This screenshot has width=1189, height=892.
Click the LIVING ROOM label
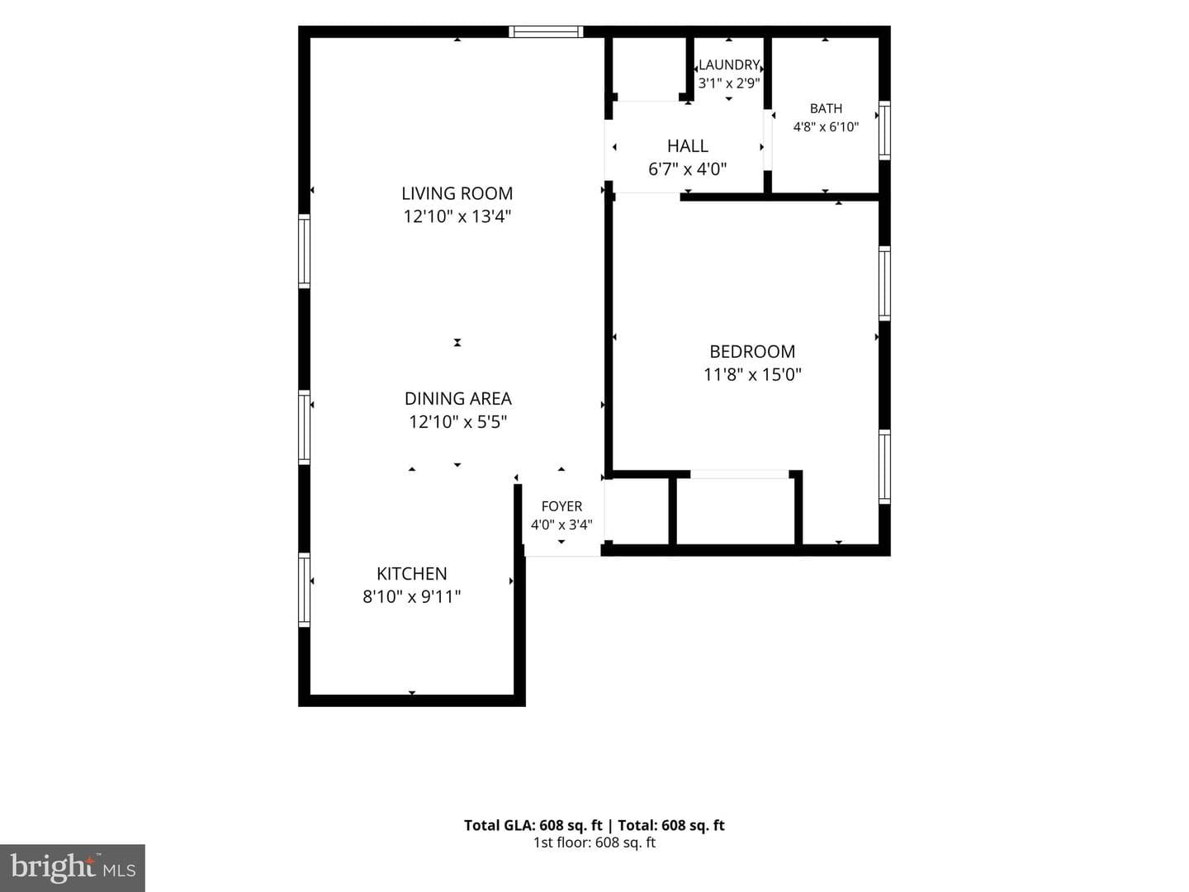tap(457, 193)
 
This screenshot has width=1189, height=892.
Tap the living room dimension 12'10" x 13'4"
tap(457, 216)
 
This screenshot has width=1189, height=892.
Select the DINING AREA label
tap(457, 399)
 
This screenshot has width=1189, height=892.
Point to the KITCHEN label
tap(412, 573)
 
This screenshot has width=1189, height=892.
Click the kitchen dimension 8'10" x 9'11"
tap(412, 597)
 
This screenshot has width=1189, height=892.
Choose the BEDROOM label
tap(752, 352)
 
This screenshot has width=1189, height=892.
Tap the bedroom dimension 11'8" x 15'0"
tap(752, 375)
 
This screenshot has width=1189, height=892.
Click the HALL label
tap(688, 145)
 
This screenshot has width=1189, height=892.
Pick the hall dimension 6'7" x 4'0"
tap(688, 169)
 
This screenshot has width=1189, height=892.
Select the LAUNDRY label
tap(729, 65)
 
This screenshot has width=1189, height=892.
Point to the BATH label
tap(826, 108)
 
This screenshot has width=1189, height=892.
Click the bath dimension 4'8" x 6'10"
tap(826, 126)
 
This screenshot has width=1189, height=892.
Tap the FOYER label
tap(561, 506)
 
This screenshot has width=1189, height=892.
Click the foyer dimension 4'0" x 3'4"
tap(561, 524)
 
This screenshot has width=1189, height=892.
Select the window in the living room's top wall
tap(546, 32)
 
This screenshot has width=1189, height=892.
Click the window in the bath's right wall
tap(884, 130)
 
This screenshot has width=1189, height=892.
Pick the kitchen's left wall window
tap(305, 590)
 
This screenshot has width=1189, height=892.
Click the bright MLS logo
tap(73, 867)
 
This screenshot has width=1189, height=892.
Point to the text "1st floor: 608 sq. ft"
tap(594, 842)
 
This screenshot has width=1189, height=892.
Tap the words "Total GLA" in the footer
tap(499, 825)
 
